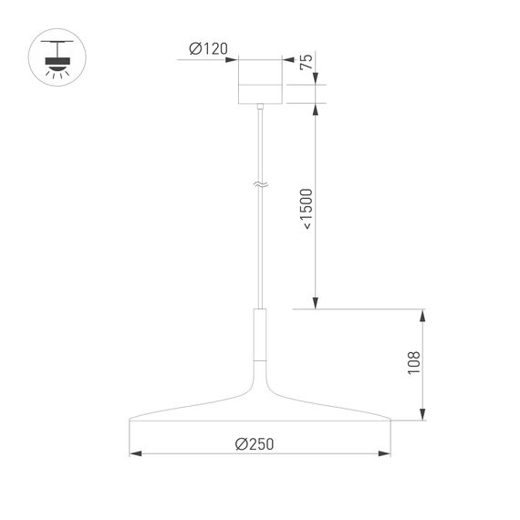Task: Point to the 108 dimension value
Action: tap(413, 363)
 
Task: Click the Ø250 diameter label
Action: tap(254, 443)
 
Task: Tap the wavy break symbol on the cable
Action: tap(260, 184)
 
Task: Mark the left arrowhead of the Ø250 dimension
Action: tap(134, 453)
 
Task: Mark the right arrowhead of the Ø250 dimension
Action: tap(387, 453)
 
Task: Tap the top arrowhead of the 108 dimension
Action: tap(422, 315)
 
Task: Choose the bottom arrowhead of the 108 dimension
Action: tap(422, 417)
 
